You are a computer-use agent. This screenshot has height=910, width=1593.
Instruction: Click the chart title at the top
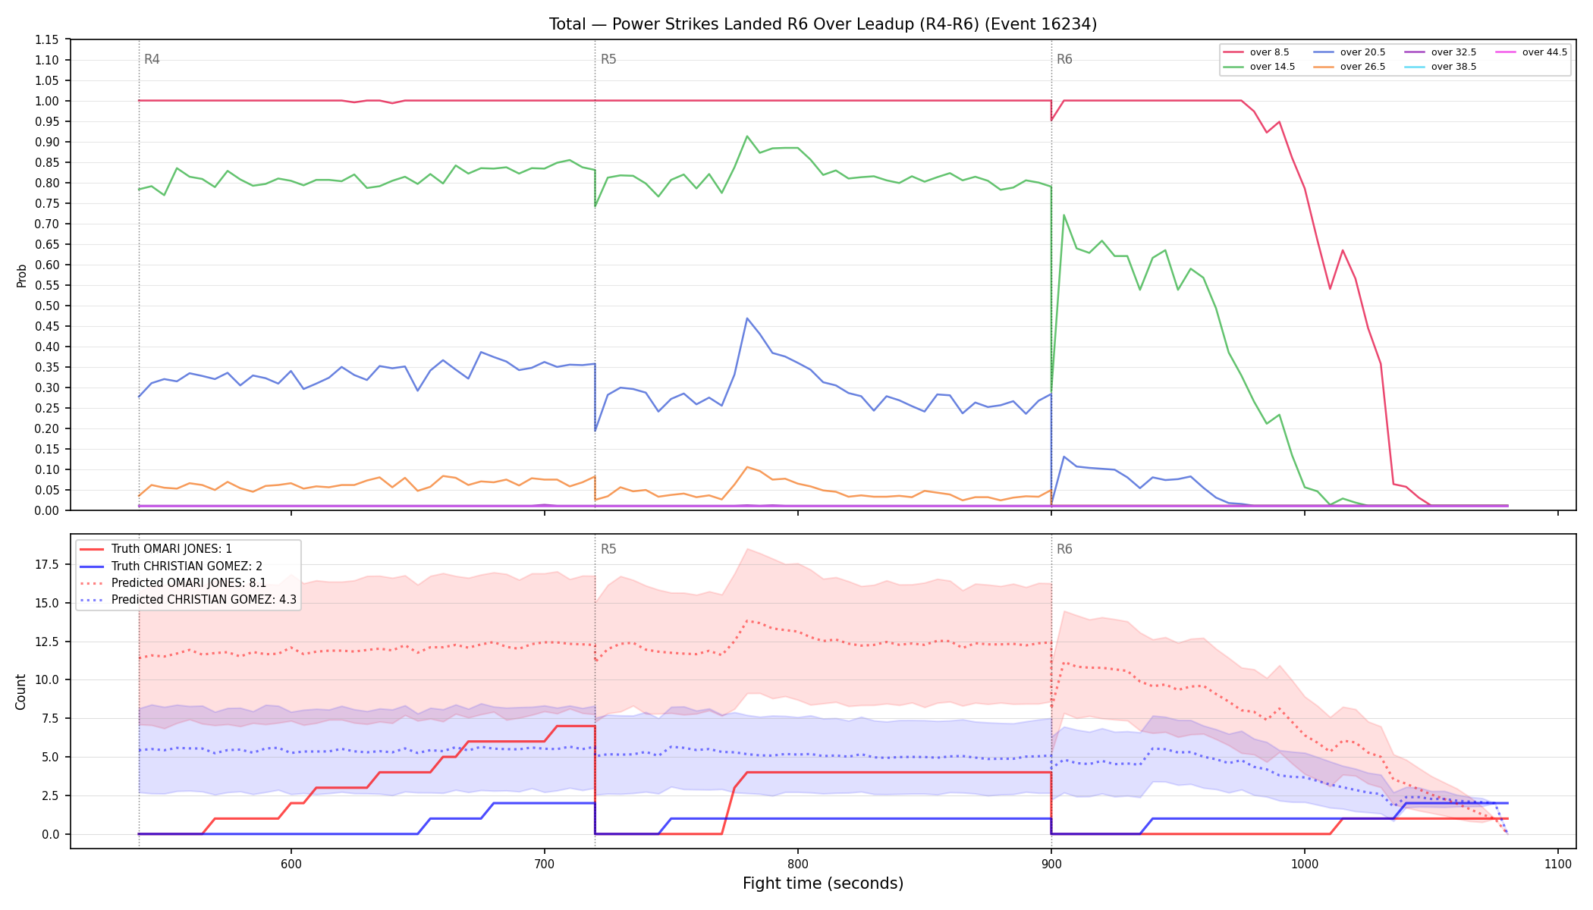(823, 24)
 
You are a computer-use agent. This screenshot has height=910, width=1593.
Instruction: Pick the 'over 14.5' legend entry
(1259, 67)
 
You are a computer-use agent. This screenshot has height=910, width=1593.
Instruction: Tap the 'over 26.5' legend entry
(1349, 67)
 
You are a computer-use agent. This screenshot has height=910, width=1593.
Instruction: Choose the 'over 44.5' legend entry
(1532, 52)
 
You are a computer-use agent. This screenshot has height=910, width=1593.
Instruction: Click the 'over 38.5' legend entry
(1441, 67)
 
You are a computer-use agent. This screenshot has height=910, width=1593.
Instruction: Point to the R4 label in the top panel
(152, 59)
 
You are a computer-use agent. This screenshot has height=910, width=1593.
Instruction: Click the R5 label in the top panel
(608, 59)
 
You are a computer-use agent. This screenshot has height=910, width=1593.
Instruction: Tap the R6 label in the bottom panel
(1064, 549)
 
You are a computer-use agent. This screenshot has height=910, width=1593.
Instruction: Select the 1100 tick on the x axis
(1557, 864)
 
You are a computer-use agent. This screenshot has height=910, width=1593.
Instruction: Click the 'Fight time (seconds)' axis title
(823, 883)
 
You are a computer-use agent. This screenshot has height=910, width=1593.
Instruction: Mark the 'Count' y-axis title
(20, 692)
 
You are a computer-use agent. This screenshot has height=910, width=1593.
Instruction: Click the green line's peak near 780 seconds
(747, 136)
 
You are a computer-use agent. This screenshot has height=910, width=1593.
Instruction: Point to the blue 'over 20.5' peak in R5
(747, 318)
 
